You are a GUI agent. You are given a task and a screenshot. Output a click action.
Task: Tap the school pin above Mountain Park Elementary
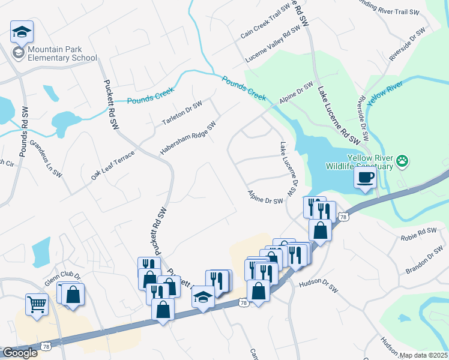pyautogui.click(x=22, y=32)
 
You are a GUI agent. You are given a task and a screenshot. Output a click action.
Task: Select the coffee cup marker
pyautogui.click(x=364, y=178)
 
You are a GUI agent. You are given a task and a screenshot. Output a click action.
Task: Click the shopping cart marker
pyautogui.click(x=37, y=304)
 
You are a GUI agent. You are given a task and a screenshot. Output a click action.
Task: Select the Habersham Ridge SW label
pyautogui.click(x=187, y=138)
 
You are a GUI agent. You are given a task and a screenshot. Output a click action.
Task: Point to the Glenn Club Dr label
pyautogui.click(x=62, y=275)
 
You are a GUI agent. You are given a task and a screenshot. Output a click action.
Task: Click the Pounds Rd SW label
pyautogui.click(x=24, y=132)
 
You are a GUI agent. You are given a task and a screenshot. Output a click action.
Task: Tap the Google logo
pyautogui.click(x=20, y=353)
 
